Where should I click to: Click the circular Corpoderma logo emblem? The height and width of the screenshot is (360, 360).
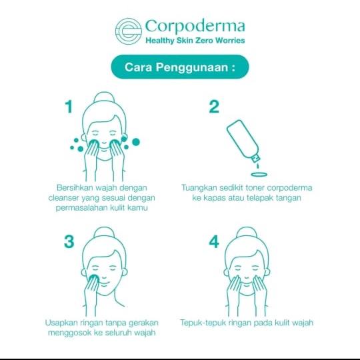tap(129, 31)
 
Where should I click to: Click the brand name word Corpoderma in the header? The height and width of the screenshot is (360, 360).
tap(195, 27)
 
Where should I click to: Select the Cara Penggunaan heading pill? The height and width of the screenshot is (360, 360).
tap(180, 67)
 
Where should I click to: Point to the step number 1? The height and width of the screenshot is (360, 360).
tap(69, 107)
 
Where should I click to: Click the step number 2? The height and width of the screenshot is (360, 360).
tap(214, 107)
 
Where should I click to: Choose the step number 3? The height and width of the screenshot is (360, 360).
tap(69, 241)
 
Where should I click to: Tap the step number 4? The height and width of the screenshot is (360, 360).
tap(214, 241)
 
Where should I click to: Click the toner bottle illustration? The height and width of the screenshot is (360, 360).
tap(243, 141)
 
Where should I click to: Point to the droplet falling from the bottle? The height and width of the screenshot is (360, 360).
tap(257, 166)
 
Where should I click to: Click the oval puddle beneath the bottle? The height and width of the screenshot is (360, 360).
tap(259, 175)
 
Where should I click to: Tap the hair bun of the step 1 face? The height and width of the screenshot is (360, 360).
tap(104, 98)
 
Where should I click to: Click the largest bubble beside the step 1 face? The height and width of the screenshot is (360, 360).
tap(136, 142)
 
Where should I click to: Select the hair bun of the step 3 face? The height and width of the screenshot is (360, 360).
tap(104, 233)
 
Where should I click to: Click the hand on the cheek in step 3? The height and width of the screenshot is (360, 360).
tap(91, 289)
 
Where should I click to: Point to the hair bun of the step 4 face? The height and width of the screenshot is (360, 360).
tap(247, 233)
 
